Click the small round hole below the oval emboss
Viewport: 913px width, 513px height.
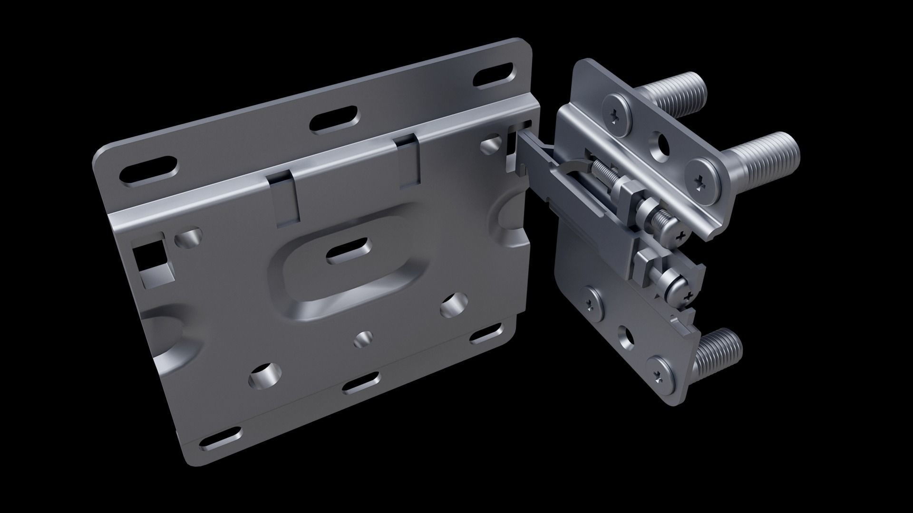click(x=364, y=338)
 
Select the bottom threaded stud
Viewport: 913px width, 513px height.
click(x=719, y=352)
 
